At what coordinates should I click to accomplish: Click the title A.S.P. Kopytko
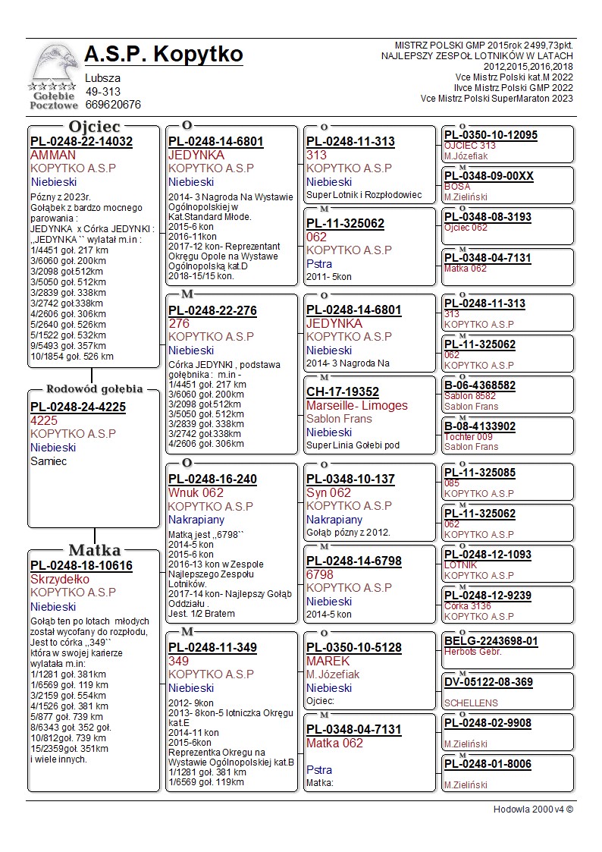(164, 55)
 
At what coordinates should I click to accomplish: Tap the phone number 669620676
(113, 105)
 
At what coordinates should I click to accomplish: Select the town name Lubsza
(102, 78)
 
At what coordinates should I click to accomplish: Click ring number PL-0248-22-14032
(81, 142)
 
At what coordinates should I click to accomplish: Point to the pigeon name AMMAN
(53, 155)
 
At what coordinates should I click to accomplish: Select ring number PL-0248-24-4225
(78, 407)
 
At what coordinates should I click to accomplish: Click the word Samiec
(49, 461)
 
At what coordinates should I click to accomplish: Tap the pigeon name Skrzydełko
(60, 580)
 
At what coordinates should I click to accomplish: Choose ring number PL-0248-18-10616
(81, 566)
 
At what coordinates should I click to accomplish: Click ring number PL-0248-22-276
(212, 311)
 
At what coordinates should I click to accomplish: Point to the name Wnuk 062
(196, 492)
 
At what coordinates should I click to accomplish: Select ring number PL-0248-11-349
(212, 649)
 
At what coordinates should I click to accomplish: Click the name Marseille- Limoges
(356, 406)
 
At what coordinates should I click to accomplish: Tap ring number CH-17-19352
(343, 392)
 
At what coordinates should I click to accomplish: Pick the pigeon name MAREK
(328, 662)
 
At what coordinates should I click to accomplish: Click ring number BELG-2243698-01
(491, 641)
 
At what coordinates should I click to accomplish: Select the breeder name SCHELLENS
(471, 703)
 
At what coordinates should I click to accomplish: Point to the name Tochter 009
(468, 437)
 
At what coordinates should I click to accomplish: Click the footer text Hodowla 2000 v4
(533, 810)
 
